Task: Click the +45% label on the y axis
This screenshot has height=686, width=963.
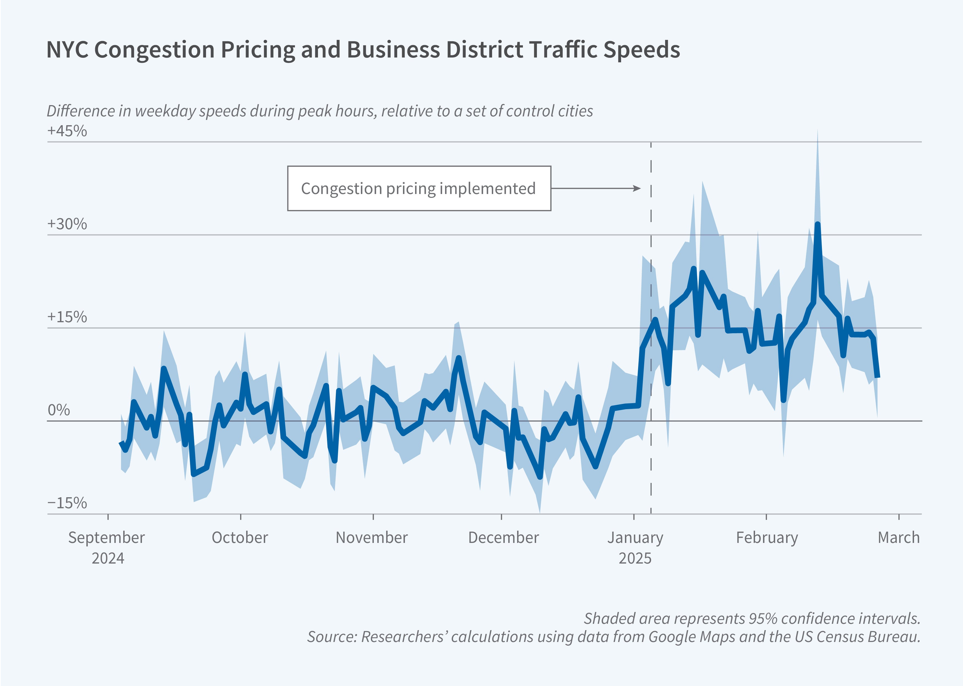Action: [x=67, y=131]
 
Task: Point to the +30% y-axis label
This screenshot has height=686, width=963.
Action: [x=67, y=224]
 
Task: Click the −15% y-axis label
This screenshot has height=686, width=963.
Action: [x=67, y=503]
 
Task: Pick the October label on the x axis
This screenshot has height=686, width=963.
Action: [x=240, y=538]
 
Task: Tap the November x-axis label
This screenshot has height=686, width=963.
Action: [x=372, y=538]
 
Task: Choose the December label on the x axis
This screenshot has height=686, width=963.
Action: [x=503, y=538]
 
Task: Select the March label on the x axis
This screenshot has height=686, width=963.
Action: [x=898, y=538]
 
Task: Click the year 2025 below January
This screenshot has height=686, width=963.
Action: [x=635, y=558]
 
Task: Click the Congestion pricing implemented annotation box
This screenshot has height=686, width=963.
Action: [x=419, y=188]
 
